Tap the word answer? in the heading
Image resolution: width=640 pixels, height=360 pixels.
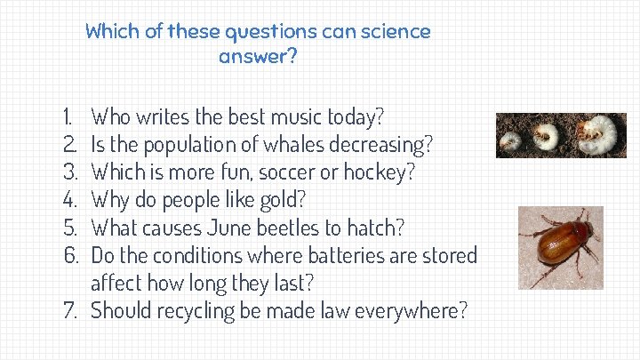pos(258,58)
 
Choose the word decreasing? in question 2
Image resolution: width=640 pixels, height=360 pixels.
pos(383,144)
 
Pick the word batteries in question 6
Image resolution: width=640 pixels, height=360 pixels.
pos(344,256)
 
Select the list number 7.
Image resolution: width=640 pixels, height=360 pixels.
pos(71,311)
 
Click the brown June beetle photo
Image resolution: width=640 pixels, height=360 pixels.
pos(560,248)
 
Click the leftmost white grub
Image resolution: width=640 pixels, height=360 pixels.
pos(511,140)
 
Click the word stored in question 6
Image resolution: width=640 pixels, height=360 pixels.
pos(452,256)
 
